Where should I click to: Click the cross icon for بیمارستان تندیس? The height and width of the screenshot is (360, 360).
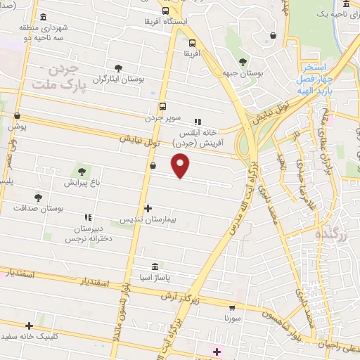click(x=148, y=209)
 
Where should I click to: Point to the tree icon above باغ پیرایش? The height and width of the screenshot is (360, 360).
click(x=82, y=171)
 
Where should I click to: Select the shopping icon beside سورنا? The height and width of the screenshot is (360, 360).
click(x=233, y=307)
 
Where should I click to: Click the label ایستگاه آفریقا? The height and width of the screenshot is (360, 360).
click(x=165, y=22)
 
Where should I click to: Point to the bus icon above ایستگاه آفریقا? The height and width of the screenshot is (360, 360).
click(x=165, y=11)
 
